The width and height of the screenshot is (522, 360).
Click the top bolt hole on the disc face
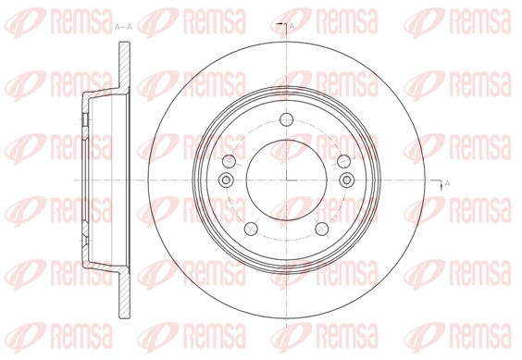[286, 119]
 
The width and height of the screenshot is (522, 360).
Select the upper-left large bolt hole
[229, 161]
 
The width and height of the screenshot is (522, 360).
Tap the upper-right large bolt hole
[344, 161]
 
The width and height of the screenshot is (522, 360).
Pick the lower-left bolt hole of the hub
[252, 229]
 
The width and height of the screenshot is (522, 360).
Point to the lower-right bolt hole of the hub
[322, 229]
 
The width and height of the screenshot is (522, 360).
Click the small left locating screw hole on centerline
[226, 180]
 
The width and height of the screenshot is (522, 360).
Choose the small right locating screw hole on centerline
[347, 180]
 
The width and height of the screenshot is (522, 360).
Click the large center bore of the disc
[287, 180]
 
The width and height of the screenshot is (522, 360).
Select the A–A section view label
[123, 27]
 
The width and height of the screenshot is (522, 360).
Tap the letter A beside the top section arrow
[292, 26]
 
